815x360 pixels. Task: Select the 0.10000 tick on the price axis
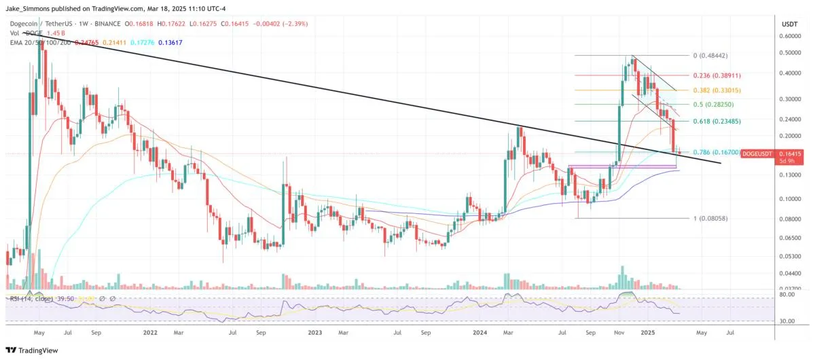pyautogui.click(x=790, y=199)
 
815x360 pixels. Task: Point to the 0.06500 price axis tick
pyautogui.click(x=790, y=238)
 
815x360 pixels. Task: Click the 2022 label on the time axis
pyautogui.click(x=151, y=334)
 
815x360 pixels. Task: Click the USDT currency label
pyautogui.click(x=789, y=23)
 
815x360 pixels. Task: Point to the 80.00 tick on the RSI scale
pyautogui.click(x=787, y=295)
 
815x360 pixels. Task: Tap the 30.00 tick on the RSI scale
pyautogui.click(x=787, y=321)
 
